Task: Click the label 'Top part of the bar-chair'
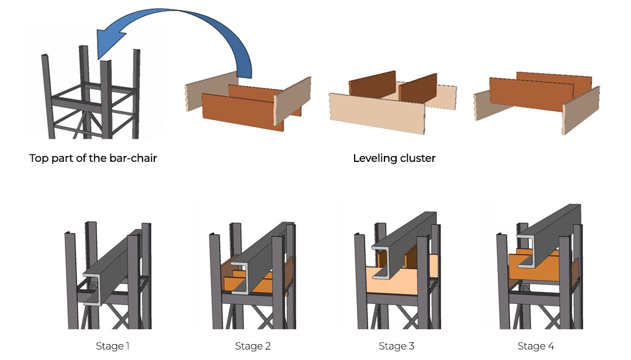[x=93, y=158]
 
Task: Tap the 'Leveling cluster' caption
[x=394, y=158]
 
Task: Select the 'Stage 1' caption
[x=112, y=346]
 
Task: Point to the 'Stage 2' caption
[x=252, y=346]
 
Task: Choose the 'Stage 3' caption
[x=396, y=346]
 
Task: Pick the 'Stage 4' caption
[x=536, y=346]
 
